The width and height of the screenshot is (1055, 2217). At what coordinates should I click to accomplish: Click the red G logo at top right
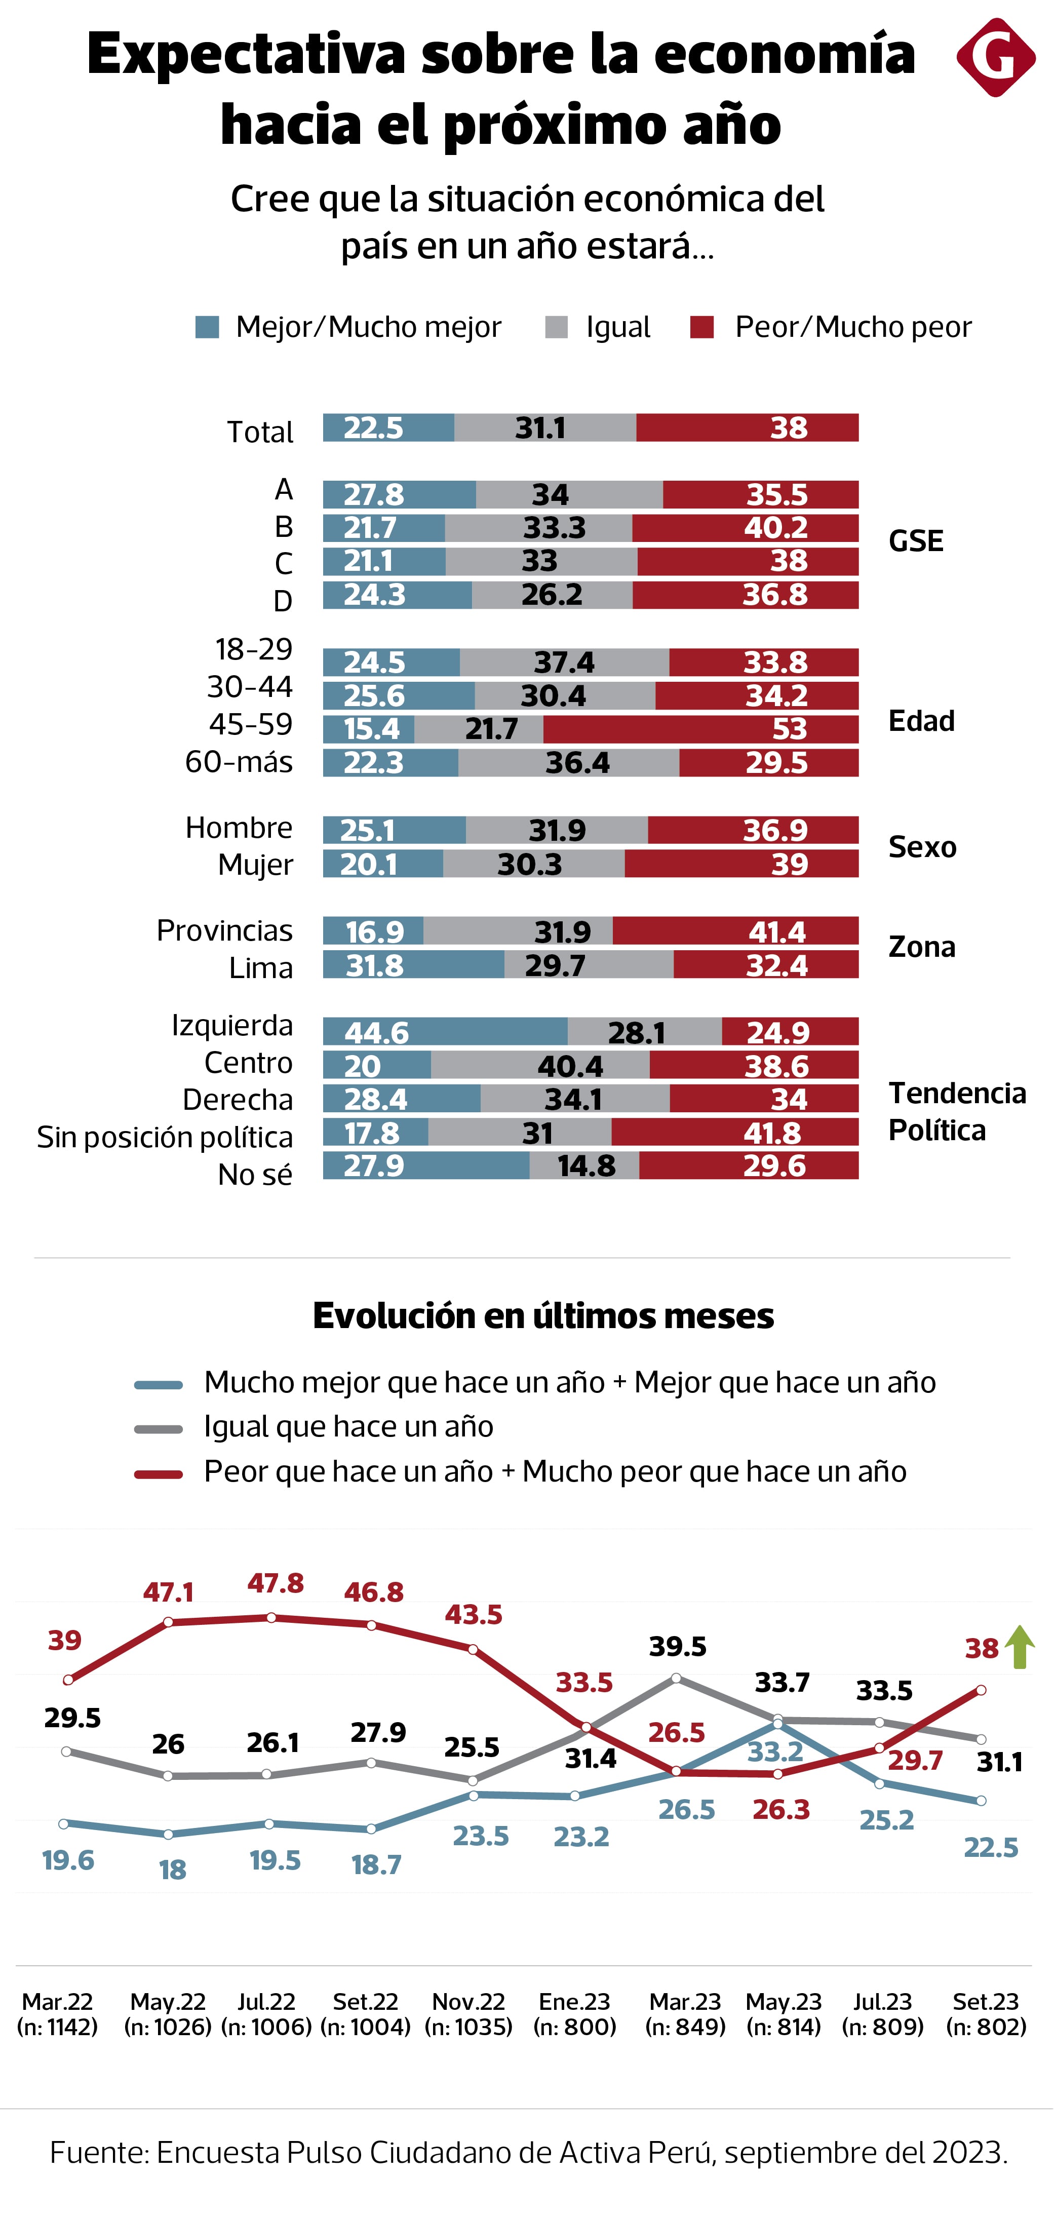[996, 58]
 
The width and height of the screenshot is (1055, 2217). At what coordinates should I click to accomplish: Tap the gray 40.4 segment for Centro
[540, 1066]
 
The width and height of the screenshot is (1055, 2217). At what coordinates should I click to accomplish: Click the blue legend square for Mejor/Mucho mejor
[207, 327]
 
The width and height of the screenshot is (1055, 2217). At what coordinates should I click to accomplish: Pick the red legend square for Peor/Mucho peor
[702, 327]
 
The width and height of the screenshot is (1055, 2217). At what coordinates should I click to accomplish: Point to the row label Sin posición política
[165, 1137]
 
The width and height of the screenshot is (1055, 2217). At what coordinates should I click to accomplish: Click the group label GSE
[916, 541]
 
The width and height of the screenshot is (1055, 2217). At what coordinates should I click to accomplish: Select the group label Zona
[922, 947]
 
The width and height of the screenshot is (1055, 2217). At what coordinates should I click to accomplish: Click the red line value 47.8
[276, 1583]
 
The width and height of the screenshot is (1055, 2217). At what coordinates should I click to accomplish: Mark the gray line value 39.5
[677, 1646]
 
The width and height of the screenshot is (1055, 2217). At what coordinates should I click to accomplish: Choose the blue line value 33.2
[775, 1752]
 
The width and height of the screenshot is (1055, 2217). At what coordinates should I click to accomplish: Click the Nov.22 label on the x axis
[469, 2002]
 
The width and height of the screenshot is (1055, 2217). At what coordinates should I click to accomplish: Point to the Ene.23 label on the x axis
[575, 2002]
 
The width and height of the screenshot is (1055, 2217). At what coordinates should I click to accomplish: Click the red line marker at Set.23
[981, 1690]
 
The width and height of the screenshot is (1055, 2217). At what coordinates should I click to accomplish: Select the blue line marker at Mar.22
[64, 1823]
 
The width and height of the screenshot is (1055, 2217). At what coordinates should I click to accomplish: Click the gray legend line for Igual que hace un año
[159, 1429]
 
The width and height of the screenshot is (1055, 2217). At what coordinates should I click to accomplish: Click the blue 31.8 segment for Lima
[413, 965]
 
